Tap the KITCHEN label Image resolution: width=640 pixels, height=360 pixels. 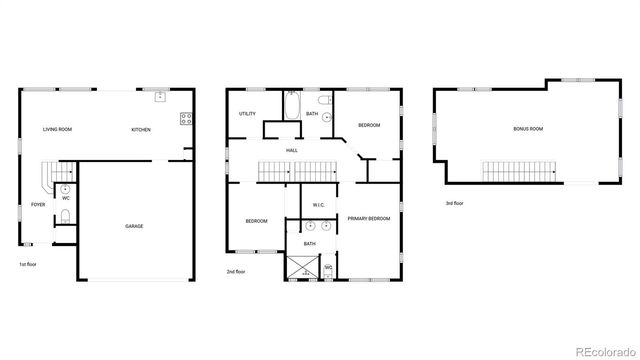pyautogui.click(x=141, y=130)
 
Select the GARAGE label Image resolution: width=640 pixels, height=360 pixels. pyautogui.click(x=134, y=226)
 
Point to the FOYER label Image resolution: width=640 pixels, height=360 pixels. pyautogui.click(x=37, y=205)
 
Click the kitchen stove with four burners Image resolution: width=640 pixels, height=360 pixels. pyautogui.click(x=185, y=118)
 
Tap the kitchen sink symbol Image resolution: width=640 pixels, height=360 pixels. pyautogui.click(x=160, y=97)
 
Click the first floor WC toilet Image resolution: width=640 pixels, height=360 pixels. pyautogui.click(x=65, y=188)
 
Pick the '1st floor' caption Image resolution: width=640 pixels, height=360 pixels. pyautogui.click(x=28, y=264)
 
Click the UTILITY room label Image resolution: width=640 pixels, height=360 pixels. pyautogui.click(x=247, y=114)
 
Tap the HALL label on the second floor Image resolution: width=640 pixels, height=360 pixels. pyautogui.click(x=291, y=150)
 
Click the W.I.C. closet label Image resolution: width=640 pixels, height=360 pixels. pyautogui.click(x=318, y=205)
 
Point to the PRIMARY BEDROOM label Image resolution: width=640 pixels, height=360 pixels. pyautogui.click(x=368, y=218)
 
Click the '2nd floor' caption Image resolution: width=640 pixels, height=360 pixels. pyautogui.click(x=236, y=271)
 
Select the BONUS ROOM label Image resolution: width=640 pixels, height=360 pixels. pyautogui.click(x=527, y=129)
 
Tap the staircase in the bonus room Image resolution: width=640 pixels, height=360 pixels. pyautogui.click(x=514, y=171)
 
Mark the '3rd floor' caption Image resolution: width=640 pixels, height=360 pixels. pyautogui.click(x=455, y=203)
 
